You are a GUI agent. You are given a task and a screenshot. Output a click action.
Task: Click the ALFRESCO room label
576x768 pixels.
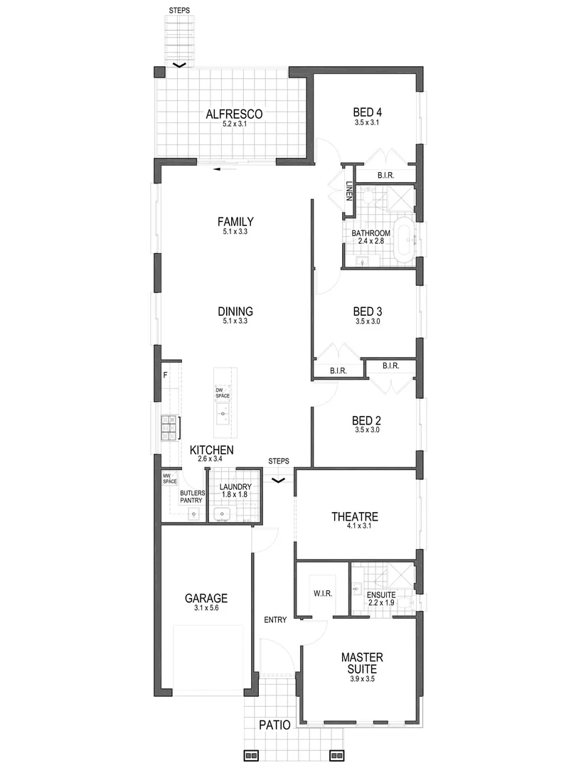coord(234,114)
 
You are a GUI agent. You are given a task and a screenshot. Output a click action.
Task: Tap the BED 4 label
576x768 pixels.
coord(368,112)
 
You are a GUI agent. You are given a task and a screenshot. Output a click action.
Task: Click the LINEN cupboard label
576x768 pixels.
coord(349,191)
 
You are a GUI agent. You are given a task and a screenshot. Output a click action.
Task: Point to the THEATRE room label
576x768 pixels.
coord(353,516)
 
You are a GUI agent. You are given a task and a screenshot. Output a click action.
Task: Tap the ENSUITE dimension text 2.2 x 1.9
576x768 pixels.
coord(381,603)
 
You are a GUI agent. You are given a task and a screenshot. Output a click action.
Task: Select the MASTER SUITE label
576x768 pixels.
coord(363,662)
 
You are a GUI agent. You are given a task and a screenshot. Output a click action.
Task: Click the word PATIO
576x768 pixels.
coord(274,725)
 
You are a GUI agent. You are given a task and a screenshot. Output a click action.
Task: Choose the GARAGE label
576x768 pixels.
coord(206,598)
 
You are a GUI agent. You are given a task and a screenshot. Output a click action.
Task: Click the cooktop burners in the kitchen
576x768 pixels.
coord(169,429)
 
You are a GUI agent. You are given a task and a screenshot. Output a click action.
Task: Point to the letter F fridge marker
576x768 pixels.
coord(165,374)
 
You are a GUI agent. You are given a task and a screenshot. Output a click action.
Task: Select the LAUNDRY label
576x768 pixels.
coord(235,487)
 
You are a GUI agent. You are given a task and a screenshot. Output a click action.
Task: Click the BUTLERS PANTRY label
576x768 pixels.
coord(191,496)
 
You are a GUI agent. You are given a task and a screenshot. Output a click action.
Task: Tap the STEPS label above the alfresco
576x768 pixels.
coord(179,11)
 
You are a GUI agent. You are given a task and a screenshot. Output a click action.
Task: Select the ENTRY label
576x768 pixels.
coord(275,620)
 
